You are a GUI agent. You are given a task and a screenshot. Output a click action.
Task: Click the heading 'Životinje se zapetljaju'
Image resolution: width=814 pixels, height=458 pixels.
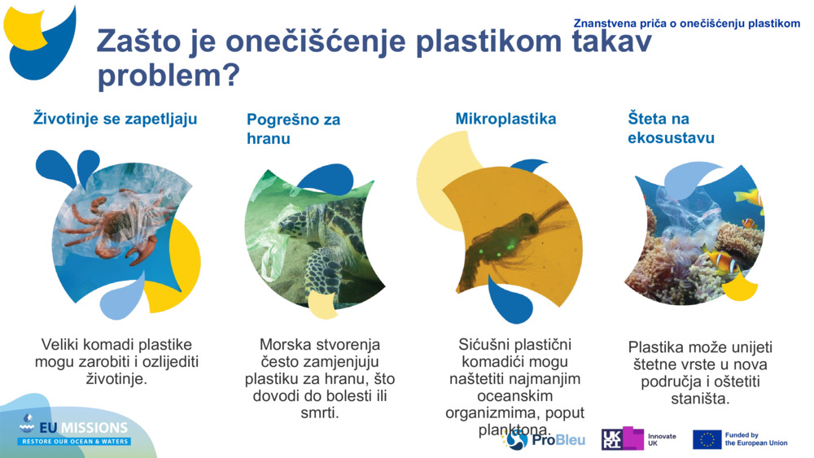pyautogui.click(x=115, y=119)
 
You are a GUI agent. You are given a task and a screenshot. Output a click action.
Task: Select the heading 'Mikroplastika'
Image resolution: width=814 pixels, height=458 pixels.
pyautogui.click(x=505, y=119)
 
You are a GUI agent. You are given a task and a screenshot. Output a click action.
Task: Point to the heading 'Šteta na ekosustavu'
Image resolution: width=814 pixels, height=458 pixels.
pyautogui.click(x=671, y=128)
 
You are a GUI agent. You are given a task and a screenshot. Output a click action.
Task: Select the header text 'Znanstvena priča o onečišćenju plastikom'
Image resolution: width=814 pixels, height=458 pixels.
pyautogui.click(x=686, y=24)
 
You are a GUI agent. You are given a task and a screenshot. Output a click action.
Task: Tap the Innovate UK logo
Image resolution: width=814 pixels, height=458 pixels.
pyautogui.click(x=638, y=439)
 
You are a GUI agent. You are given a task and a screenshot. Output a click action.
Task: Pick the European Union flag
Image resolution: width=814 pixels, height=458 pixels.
pyautogui.click(x=707, y=439)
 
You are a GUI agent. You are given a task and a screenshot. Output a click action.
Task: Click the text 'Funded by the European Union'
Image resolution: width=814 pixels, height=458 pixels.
pyautogui.click(x=755, y=439)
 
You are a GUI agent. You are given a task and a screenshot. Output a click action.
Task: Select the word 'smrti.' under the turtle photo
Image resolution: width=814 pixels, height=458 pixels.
pyautogui.click(x=319, y=413)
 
